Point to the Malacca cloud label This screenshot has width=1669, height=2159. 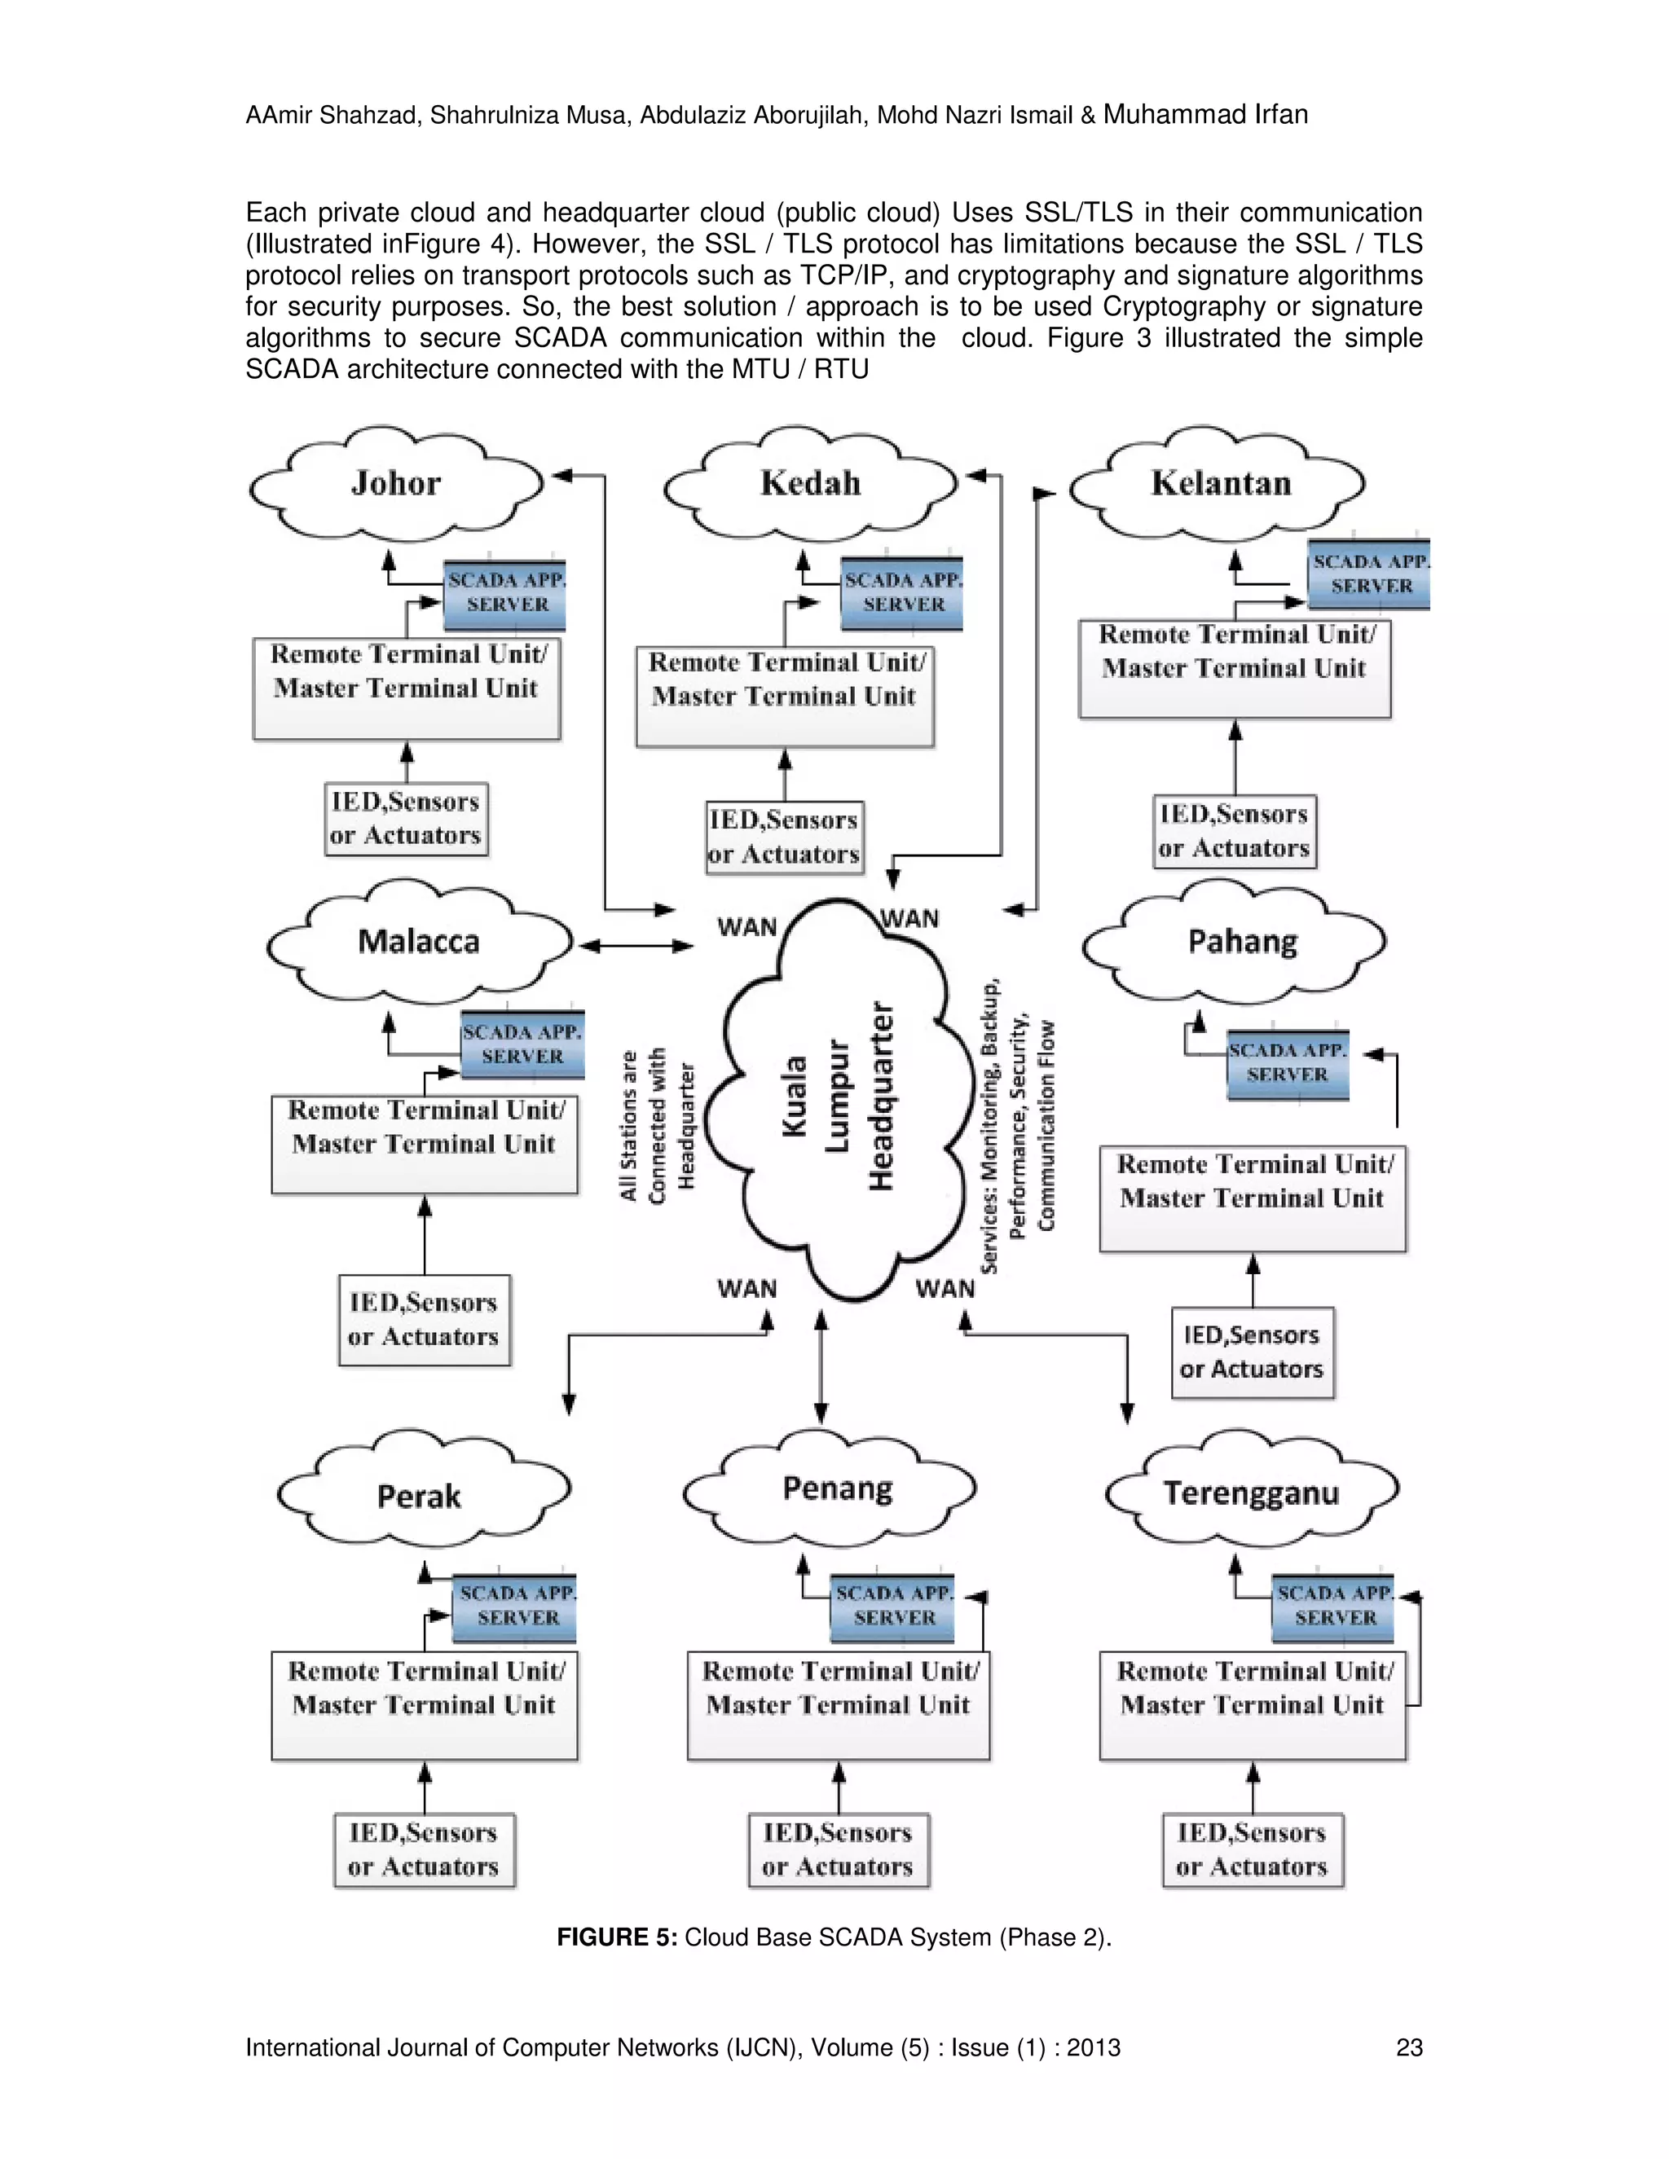(x=418, y=941)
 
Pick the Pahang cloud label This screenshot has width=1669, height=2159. (x=1243, y=941)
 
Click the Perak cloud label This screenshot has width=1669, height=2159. (x=418, y=1497)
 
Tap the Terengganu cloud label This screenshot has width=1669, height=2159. (x=1251, y=1493)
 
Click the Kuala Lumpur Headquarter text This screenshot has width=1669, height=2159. (x=839, y=1097)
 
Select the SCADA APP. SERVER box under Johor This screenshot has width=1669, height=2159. (x=505, y=594)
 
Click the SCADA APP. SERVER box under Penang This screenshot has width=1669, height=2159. (x=893, y=1607)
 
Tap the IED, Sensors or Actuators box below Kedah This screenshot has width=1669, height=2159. (x=784, y=838)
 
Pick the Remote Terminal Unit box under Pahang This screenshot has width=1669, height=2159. (x=1253, y=1198)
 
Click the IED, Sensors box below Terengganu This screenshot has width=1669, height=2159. (x=1252, y=1849)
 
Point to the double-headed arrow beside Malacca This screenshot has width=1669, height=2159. (x=636, y=946)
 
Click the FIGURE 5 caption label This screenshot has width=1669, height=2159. (x=617, y=1937)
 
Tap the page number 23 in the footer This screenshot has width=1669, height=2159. (x=1409, y=2047)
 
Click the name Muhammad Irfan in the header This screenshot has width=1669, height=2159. (x=1205, y=115)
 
